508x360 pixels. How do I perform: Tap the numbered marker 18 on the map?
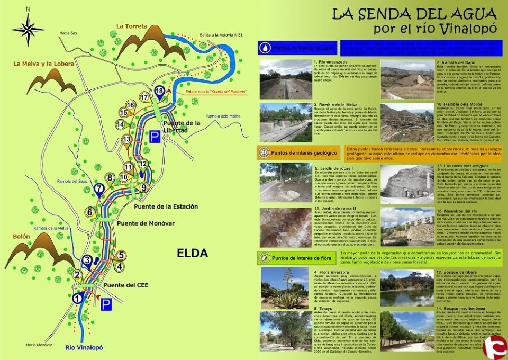[x=159, y=91]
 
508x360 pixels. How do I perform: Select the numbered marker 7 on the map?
[x=99, y=188]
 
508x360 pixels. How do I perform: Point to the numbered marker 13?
[x=126, y=140]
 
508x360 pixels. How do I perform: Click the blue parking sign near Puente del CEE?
[x=106, y=304]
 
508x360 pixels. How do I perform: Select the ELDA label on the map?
[x=192, y=254]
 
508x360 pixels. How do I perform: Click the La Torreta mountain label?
[x=132, y=25]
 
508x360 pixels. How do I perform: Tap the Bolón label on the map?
[x=22, y=236]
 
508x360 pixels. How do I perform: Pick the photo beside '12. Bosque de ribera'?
[x=405, y=289]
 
